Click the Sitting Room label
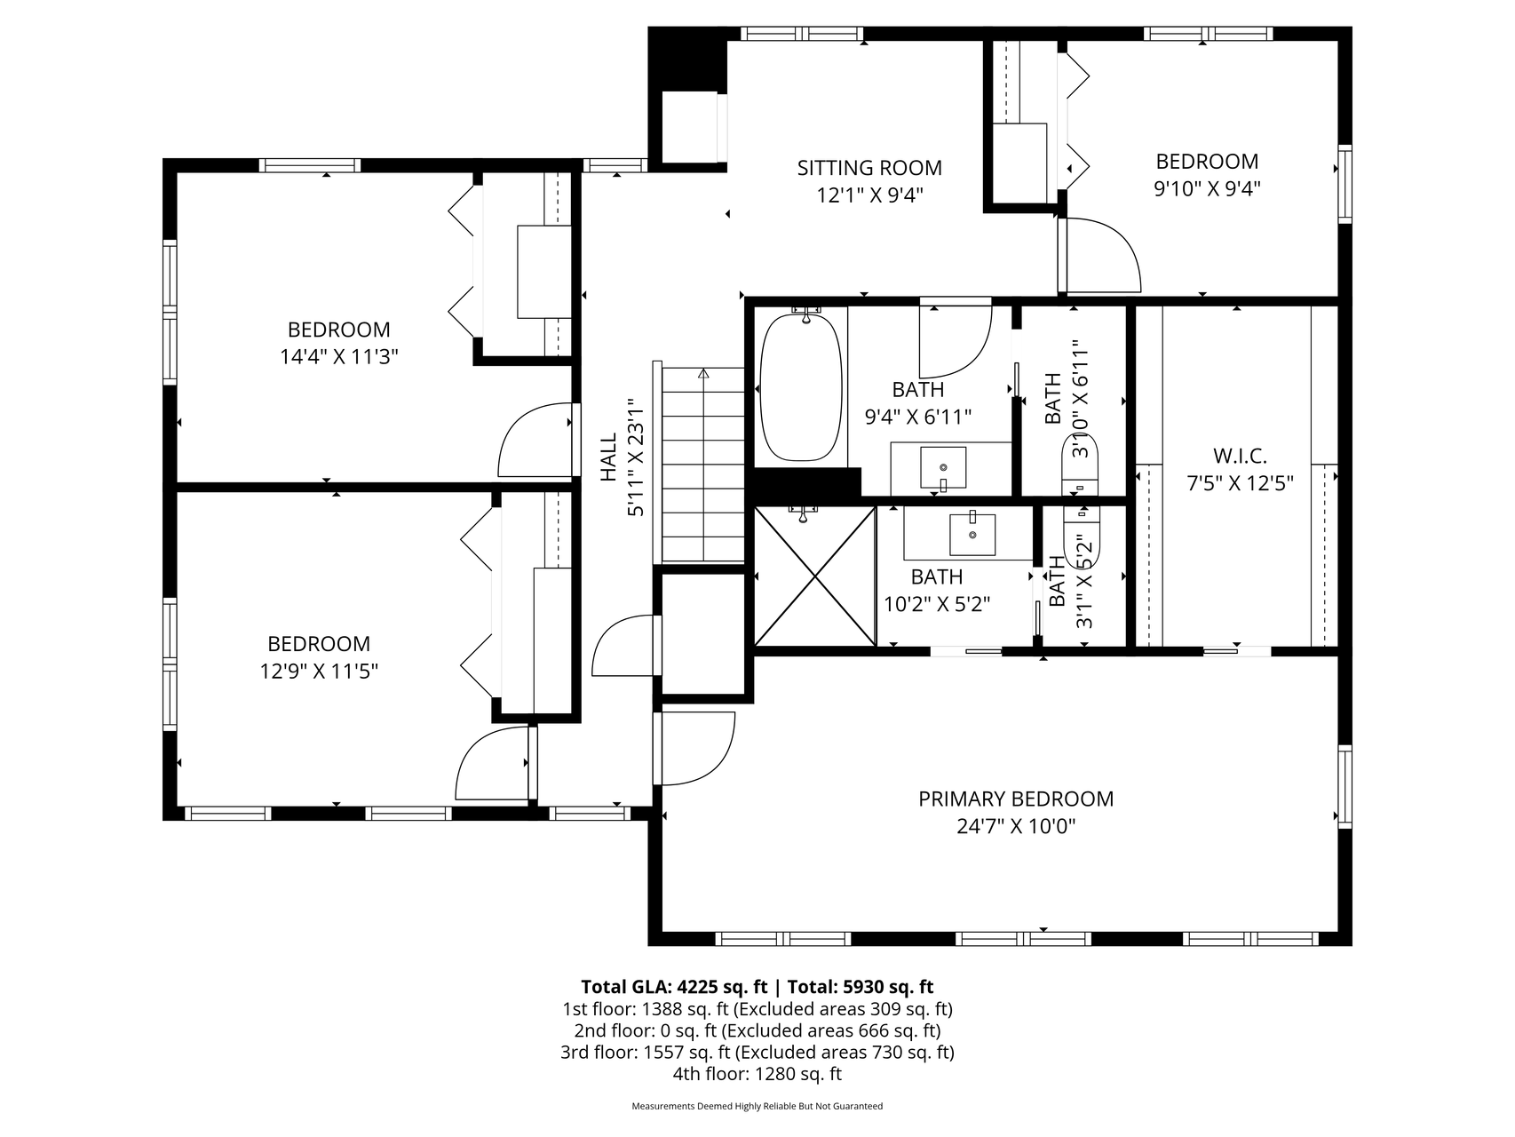tap(869, 168)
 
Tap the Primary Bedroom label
tap(1016, 799)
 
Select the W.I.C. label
tap(1240, 457)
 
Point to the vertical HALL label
tap(609, 457)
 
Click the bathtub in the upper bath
tap(802, 386)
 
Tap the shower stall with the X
tap(814, 576)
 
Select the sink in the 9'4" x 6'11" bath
tap(943, 466)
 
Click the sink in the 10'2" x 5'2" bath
tap(972, 532)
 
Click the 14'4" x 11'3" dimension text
tap(338, 357)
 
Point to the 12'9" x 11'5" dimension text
tap(319, 672)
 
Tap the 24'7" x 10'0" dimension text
tap(1016, 826)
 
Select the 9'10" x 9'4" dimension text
tap(1207, 188)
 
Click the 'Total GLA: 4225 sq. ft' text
tap(674, 987)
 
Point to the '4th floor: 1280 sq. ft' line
tap(757, 1074)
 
